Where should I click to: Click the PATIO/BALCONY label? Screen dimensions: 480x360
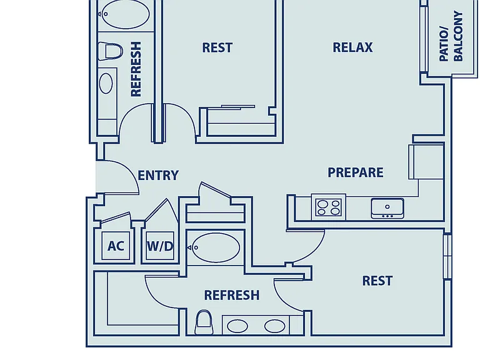pos(451,36)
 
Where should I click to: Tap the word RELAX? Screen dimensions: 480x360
pos(352,47)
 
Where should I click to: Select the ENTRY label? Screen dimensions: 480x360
pos(158,176)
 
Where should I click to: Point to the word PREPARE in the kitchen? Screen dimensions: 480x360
pos(356,172)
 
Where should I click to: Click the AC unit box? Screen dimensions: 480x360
pos(116,246)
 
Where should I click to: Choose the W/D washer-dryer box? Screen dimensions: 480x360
pos(160,246)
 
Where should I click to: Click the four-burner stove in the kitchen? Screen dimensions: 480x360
pos(329,207)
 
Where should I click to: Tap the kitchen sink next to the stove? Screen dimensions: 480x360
pos(387,209)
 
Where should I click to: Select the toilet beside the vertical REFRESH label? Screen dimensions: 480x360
pos(110,51)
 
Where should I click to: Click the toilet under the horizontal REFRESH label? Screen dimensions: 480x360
pos(204,322)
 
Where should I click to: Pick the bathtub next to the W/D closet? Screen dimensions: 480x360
pos(214,247)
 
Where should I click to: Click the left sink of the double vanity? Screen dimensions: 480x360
pos(237,326)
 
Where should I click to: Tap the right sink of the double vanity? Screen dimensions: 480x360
pos(275,326)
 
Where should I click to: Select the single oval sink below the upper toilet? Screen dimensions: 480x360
pos(106,83)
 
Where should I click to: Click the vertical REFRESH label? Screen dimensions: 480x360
pos(136,69)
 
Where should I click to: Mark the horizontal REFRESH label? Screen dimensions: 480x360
pos(232,295)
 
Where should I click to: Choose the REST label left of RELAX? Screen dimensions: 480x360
pos(217,47)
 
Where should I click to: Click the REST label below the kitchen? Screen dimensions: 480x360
pos(377,281)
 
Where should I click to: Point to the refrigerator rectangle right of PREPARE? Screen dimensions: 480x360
pos(426,162)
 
